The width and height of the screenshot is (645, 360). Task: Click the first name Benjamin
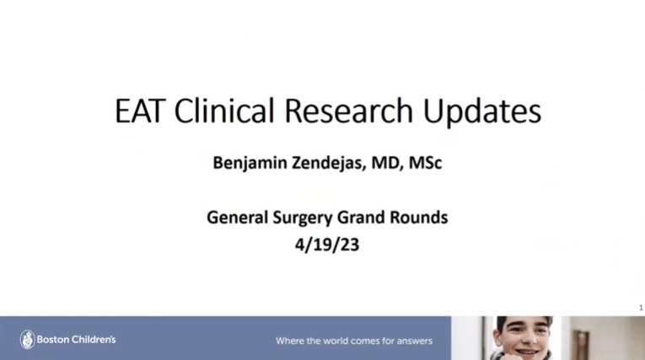point(248,163)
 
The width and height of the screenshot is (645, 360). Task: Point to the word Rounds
point(419,218)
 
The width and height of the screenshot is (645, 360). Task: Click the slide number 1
point(641,308)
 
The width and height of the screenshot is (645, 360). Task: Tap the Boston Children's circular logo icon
point(27,340)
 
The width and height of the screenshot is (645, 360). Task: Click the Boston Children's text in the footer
point(77,340)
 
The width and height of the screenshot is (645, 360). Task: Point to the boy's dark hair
point(524,321)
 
